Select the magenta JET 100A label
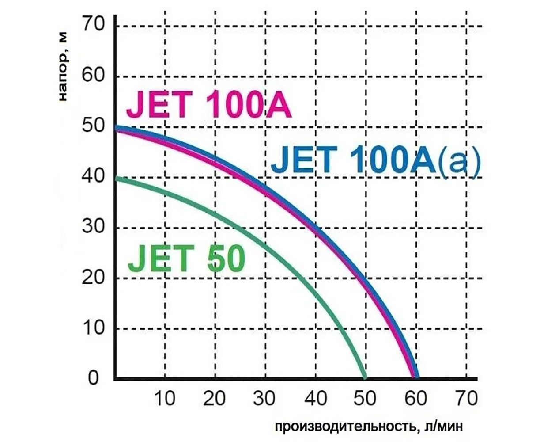pos(208,104)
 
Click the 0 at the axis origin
pos(94,379)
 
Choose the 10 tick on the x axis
pos(165,399)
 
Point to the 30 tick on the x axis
pos(265,399)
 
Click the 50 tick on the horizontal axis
pos(366,399)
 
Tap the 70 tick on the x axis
pos(466,399)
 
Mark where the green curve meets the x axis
pos(365,378)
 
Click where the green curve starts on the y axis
pos(116,178)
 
